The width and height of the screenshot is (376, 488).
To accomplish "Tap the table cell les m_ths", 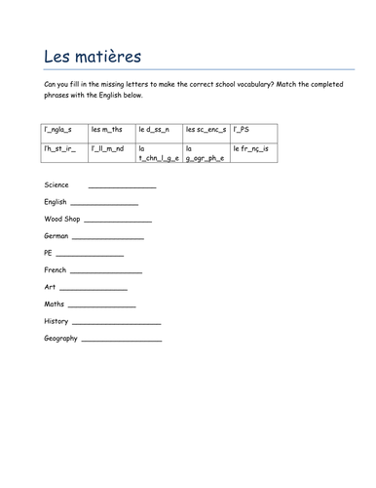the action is coord(107,129).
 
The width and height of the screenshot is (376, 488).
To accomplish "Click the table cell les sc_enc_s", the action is coord(206,129).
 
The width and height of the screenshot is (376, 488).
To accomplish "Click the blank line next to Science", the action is coord(122,185).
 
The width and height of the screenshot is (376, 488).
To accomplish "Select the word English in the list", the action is coord(56,202).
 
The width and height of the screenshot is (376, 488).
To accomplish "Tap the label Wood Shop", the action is coord(62,219).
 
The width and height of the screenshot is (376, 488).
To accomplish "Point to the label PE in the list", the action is coord(49,253).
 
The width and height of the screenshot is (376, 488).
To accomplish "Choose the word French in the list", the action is coord(56,269).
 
